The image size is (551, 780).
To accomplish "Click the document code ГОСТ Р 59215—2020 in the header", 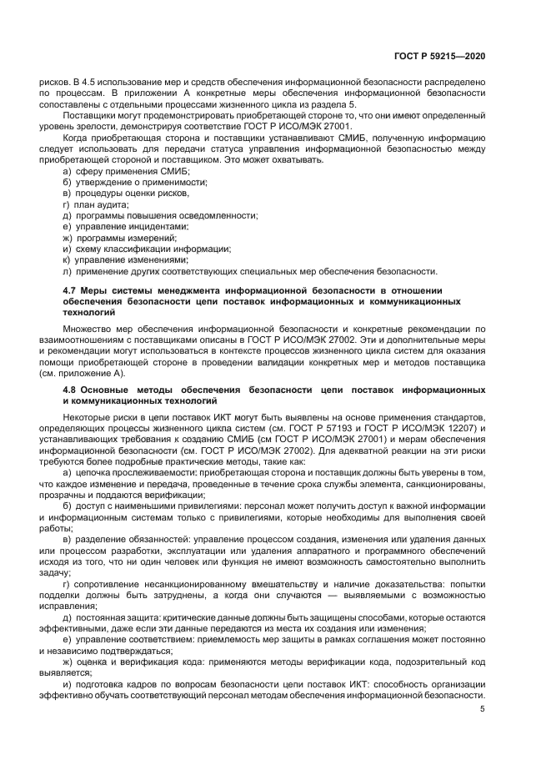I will click(x=439, y=56).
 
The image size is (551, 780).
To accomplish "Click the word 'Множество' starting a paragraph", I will click(x=86, y=330).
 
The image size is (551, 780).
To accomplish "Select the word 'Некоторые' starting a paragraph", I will click(x=87, y=415).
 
